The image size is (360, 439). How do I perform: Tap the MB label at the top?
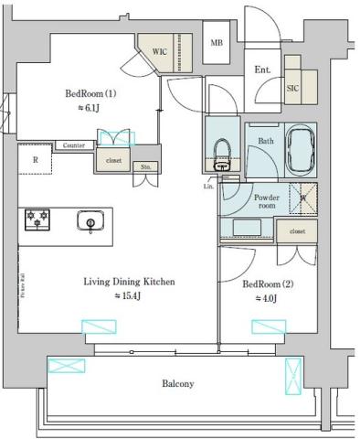coord(217,43)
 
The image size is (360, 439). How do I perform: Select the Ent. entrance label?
coord(262,69)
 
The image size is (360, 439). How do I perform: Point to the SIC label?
coord(292,89)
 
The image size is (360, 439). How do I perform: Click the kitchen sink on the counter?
coord(90,220)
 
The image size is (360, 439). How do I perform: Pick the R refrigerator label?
coord(36,161)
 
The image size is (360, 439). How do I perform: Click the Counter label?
coord(74,145)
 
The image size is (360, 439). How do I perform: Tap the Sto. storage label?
coord(144,166)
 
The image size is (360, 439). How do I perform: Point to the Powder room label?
coord(266,201)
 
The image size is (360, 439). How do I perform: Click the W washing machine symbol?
coord(303,194)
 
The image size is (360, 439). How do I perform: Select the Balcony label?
coord(178,384)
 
